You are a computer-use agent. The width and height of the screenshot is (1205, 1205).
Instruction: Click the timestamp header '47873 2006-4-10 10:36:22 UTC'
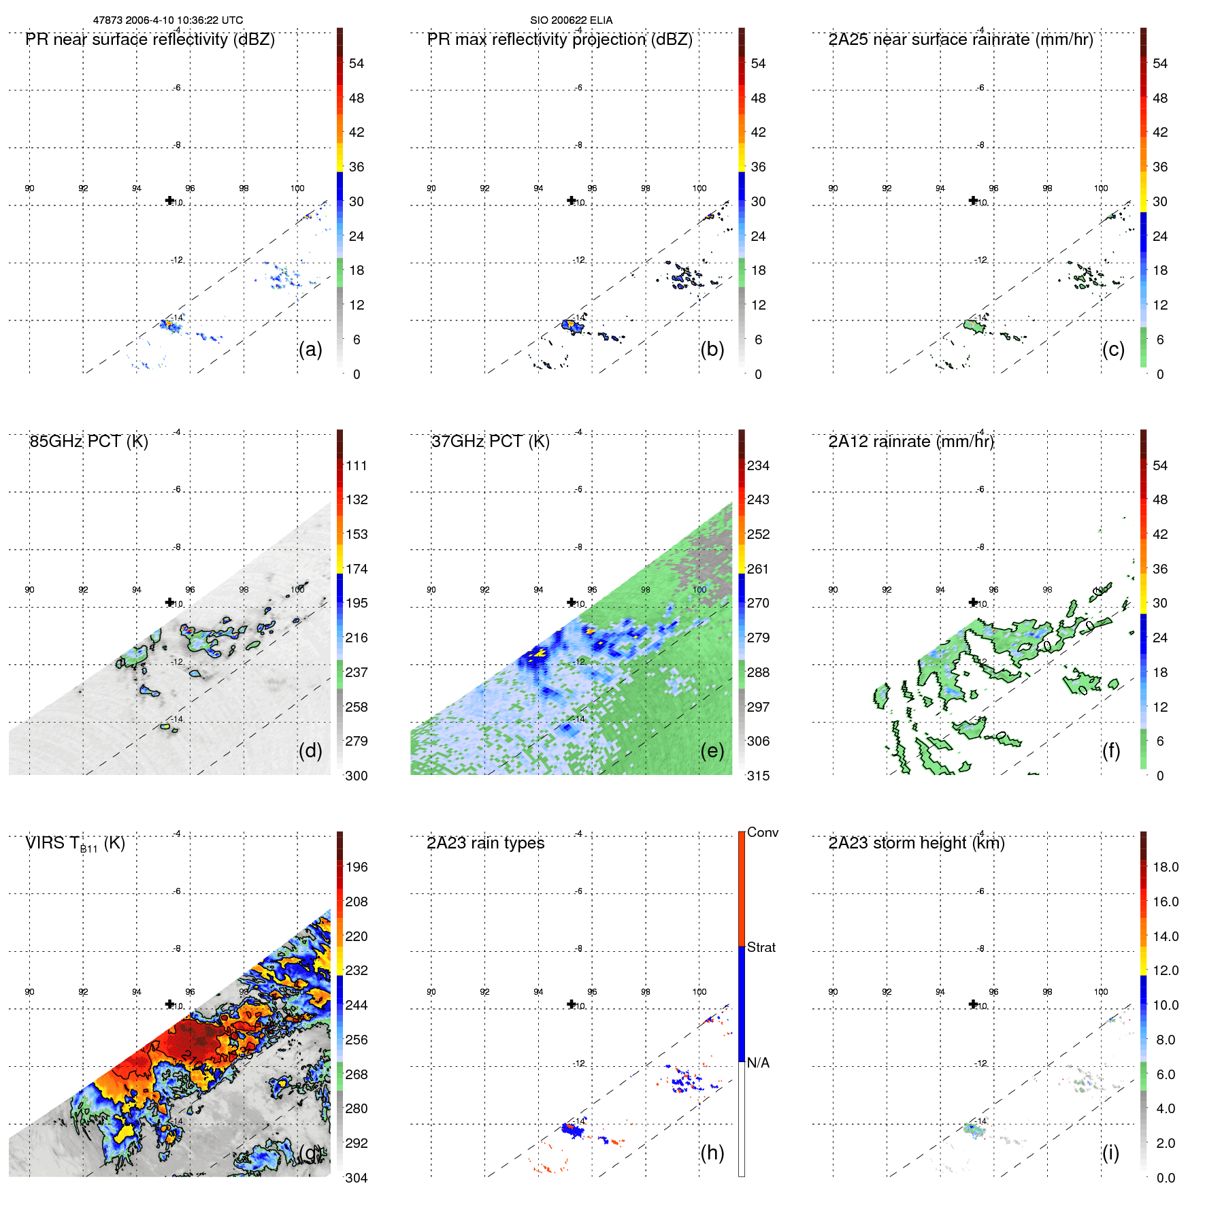pyautogui.click(x=167, y=20)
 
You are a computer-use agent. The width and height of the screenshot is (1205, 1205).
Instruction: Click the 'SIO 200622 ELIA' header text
pyautogui.click(x=571, y=20)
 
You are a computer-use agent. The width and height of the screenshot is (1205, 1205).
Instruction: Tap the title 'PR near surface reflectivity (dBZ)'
pyautogui.click(x=150, y=39)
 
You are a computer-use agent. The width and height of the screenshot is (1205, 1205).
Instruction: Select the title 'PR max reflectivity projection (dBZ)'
pyautogui.click(x=559, y=39)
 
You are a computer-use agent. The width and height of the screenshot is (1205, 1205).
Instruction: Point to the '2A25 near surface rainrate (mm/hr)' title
pyautogui.click(x=960, y=39)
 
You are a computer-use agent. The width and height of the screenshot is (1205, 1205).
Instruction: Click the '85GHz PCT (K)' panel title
pyautogui.click(x=88, y=442)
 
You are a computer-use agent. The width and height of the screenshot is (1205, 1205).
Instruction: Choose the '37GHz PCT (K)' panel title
pyautogui.click(x=490, y=442)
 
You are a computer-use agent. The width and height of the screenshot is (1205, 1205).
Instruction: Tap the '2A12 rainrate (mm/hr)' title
pyautogui.click(x=911, y=442)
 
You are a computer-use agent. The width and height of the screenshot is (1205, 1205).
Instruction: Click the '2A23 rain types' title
pyautogui.click(x=485, y=843)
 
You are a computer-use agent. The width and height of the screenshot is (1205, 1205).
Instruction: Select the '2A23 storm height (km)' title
pyautogui.click(x=917, y=843)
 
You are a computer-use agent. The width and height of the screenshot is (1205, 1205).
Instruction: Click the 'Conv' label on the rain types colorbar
pyautogui.click(x=762, y=832)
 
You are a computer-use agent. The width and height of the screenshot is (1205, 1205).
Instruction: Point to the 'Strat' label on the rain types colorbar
pyautogui.click(x=761, y=947)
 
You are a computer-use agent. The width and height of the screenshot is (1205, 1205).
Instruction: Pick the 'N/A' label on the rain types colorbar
pyautogui.click(x=758, y=1063)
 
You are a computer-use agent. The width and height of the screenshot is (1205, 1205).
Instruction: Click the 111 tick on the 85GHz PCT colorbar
pyautogui.click(x=356, y=465)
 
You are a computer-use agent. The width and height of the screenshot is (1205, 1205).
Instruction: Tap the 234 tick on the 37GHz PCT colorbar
pyautogui.click(x=758, y=465)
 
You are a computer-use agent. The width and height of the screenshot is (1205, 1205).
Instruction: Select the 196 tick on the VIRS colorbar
pyautogui.click(x=356, y=867)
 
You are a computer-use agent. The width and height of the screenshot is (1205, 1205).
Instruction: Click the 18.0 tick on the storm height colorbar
pyautogui.click(x=1165, y=867)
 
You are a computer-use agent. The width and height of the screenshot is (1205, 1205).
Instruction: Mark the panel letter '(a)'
pyautogui.click(x=310, y=349)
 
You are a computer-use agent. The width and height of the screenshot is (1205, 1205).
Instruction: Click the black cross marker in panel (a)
pyautogui.click(x=169, y=200)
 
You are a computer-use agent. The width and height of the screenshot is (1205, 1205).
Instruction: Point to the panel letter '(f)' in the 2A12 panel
pyautogui.click(x=1110, y=750)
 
